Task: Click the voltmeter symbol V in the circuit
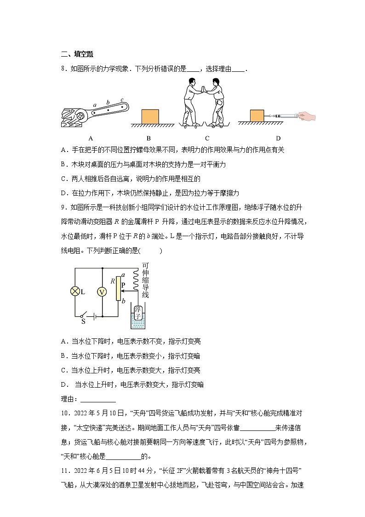click(x=102, y=291)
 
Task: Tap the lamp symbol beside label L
click(x=75, y=291)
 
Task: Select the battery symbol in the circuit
click(x=94, y=317)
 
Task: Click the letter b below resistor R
click(x=123, y=302)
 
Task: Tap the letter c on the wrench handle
click(x=122, y=100)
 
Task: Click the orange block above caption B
click(x=150, y=116)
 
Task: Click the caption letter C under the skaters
click(x=207, y=138)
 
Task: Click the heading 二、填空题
click(x=77, y=54)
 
